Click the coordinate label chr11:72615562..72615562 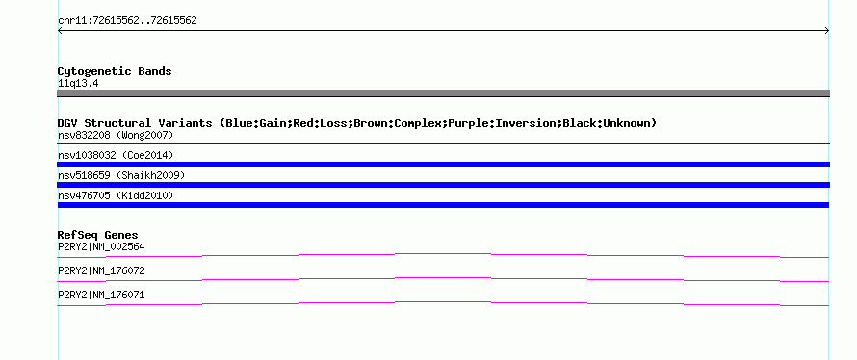(x=127, y=21)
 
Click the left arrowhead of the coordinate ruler (x=60, y=31)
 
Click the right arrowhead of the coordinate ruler (x=827, y=31)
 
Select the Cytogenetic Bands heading (x=115, y=71)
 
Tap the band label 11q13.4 (x=78, y=84)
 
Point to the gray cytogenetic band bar (x=443, y=93)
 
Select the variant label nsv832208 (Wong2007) (x=116, y=135)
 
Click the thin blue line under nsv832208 (x=443, y=143)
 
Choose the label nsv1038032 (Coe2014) (x=116, y=155)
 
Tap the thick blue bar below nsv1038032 (x=443, y=165)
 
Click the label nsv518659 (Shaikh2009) (x=121, y=175)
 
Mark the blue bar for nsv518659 (x=443, y=185)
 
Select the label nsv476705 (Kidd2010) (x=116, y=195)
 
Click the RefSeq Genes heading (x=98, y=235)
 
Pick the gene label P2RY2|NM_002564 (x=101, y=247)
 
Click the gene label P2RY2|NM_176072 (x=101, y=270)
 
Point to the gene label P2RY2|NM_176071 (x=101, y=295)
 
